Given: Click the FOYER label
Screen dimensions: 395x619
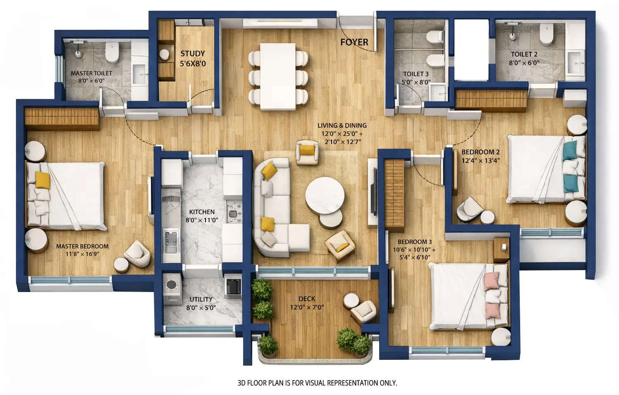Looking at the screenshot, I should (x=354, y=42).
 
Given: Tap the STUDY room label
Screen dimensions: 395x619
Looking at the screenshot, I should (x=192, y=54).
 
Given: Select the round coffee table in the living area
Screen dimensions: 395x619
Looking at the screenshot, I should (x=325, y=196).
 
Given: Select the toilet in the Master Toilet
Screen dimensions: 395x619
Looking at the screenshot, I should (x=112, y=52).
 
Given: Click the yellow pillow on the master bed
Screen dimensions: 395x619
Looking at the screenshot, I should (x=42, y=180).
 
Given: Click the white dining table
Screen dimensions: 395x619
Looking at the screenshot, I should (x=278, y=76).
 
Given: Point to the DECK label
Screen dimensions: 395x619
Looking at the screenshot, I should (x=306, y=299).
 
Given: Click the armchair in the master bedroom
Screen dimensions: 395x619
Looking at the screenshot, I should (x=138, y=254).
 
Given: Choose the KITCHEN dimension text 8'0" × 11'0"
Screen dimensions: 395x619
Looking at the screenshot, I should (x=202, y=220).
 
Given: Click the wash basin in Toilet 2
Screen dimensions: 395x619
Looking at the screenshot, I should (x=574, y=63).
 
